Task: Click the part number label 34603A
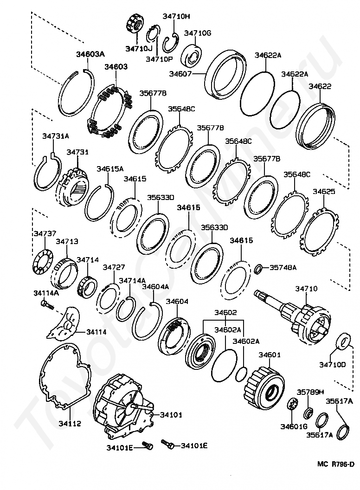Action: point(90,54)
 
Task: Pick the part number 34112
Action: point(70,423)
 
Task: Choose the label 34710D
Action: point(333,365)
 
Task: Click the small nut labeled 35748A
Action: point(259,268)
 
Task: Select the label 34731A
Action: point(56,136)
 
